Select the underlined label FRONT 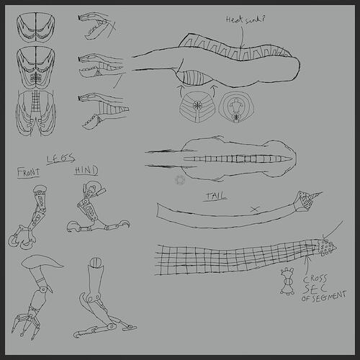(x=30, y=172)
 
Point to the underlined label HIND (x=86, y=171)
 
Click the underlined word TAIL (x=215, y=195)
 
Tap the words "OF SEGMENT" (x=323, y=296)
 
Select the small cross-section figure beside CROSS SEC (x=287, y=282)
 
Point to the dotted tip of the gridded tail (x=325, y=248)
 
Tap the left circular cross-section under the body (x=196, y=105)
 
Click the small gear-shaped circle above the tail (x=179, y=179)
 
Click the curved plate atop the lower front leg (x=43, y=264)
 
